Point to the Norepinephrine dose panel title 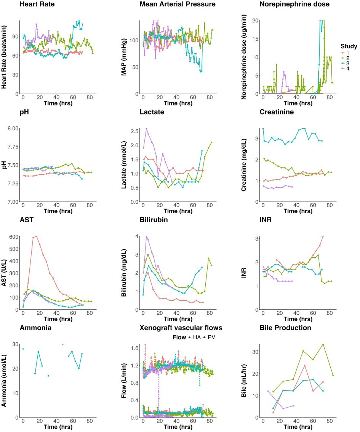coord(294,5)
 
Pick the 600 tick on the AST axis coord(13,236)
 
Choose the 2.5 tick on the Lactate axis coord(133,131)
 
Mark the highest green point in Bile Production coord(323,344)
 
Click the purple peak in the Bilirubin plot coord(146,236)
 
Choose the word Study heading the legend coord(349,46)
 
